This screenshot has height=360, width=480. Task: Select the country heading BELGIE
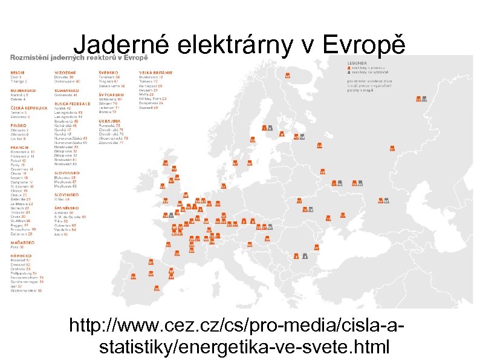pyautogui.click(x=16, y=73)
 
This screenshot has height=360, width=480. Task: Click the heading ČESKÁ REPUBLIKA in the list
pyautogui.click(x=28, y=108)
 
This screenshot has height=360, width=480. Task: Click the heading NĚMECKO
pyautogui.click(x=19, y=255)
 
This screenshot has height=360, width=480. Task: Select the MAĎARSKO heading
pyautogui.click(x=21, y=242)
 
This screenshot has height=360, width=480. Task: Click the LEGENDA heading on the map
pyautogui.click(x=356, y=63)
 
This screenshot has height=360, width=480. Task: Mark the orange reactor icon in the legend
pyautogui.click(x=349, y=68)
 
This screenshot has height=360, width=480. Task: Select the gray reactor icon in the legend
pyautogui.click(x=349, y=72)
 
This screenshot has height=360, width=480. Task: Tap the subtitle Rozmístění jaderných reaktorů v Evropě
pyautogui.click(x=78, y=57)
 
